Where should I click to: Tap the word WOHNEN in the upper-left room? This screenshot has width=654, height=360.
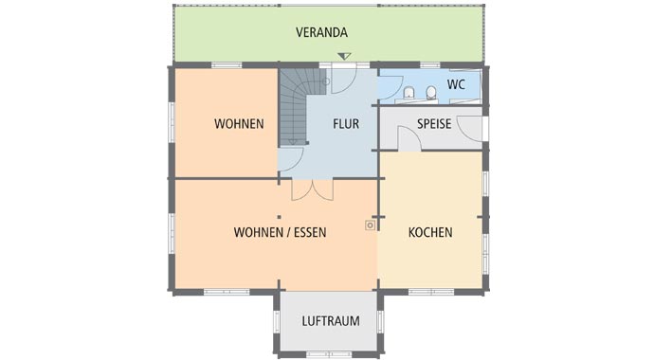[239, 124]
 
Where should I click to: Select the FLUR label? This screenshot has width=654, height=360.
[346, 124]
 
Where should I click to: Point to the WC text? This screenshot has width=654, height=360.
[456, 84]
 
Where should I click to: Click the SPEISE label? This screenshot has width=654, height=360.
[435, 124]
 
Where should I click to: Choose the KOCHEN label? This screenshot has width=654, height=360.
[430, 232]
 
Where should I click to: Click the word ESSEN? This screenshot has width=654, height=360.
[308, 232]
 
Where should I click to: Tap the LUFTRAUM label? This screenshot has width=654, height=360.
[331, 321]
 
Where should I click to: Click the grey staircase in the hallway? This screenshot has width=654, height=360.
[295, 105]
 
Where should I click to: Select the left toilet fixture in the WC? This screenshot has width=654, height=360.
[409, 92]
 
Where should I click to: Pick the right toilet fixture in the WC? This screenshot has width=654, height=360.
[431, 92]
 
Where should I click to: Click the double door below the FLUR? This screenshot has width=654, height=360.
[312, 189]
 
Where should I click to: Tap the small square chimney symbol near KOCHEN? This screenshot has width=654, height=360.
[369, 225]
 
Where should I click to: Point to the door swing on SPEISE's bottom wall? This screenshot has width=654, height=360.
[409, 139]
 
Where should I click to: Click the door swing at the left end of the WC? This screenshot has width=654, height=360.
[391, 82]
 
